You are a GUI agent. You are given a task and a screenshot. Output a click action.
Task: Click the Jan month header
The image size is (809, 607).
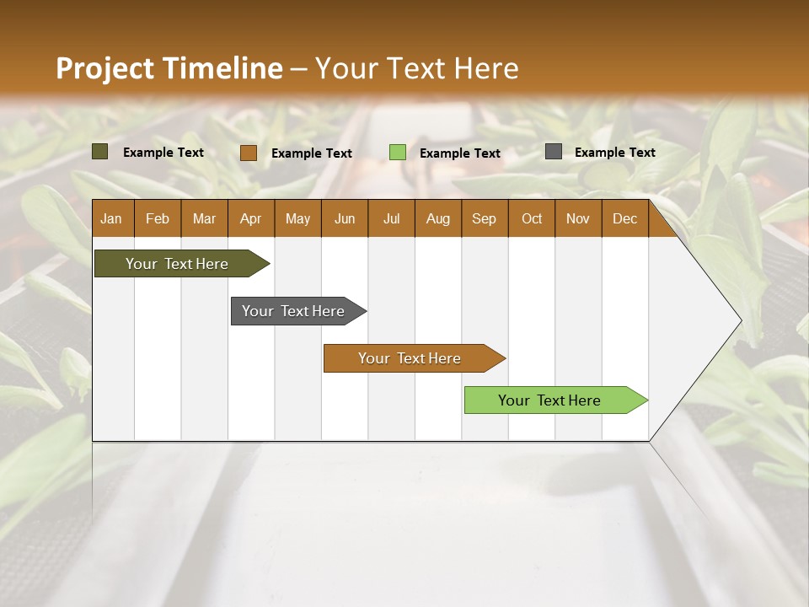112,218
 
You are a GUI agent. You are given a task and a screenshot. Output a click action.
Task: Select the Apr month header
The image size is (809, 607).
251,218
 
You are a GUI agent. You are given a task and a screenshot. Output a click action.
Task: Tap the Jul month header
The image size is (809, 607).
391,218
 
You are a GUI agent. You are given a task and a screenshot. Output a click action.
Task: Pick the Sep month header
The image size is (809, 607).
485,218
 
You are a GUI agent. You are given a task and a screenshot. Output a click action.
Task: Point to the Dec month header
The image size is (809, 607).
624,218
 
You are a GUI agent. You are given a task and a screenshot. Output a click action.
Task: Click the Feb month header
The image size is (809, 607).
158,218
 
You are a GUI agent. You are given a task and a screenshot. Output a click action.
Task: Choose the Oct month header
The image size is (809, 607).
532,218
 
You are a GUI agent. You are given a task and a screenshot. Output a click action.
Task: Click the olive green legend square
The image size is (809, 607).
100,152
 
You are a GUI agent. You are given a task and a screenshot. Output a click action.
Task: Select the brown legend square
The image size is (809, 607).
248,153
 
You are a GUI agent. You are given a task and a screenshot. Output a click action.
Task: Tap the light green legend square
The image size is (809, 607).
398,153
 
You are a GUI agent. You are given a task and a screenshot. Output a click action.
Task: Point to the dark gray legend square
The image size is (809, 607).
554,152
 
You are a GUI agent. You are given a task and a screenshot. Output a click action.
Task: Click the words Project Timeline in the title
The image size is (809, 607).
169,68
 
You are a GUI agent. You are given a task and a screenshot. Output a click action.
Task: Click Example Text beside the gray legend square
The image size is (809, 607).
614,153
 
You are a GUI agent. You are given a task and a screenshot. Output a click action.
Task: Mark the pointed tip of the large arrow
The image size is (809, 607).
740,320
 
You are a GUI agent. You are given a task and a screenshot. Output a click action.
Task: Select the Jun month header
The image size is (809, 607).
345,218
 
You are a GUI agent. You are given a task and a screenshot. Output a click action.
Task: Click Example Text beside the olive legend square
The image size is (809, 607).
163,153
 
